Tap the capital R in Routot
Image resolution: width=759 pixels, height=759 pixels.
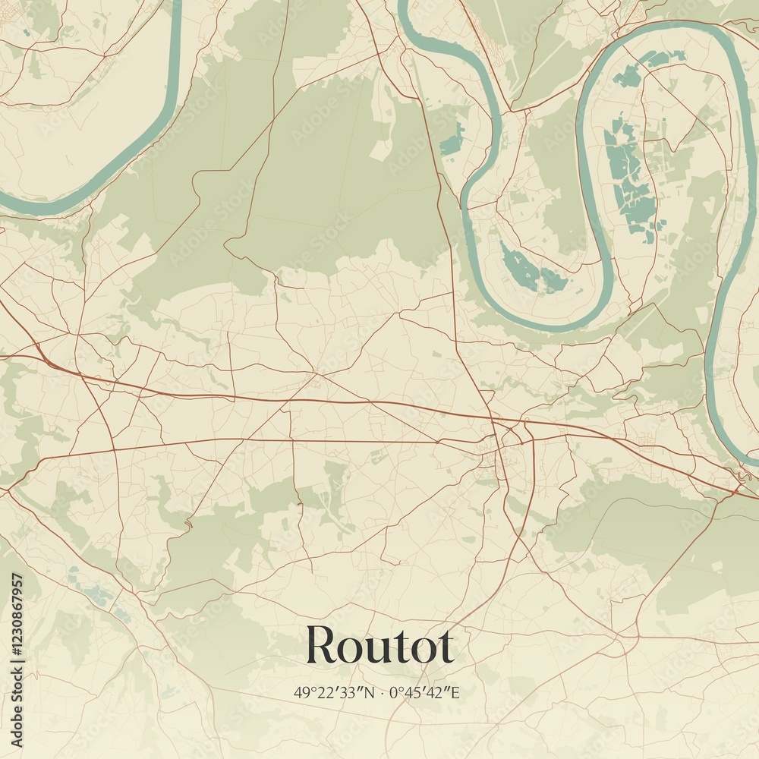[x=320, y=646]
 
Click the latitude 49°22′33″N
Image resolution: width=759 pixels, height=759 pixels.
[x=334, y=692]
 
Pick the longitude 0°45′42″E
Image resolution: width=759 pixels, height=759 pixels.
[x=425, y=692]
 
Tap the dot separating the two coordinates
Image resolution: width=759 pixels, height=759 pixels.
[x=381, y=693]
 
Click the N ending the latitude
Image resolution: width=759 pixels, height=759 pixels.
[x=369, y=692]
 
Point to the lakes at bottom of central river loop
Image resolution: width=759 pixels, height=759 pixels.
[x=531, y=269]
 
